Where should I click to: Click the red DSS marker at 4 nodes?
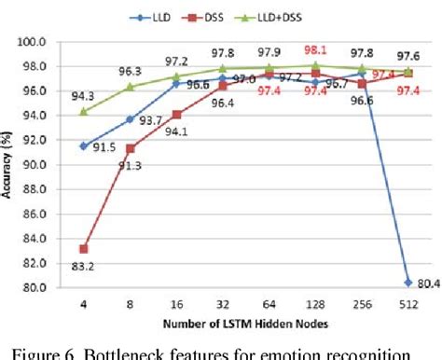[x=85, y=248]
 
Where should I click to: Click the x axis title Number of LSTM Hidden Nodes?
[x=245, y=323]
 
